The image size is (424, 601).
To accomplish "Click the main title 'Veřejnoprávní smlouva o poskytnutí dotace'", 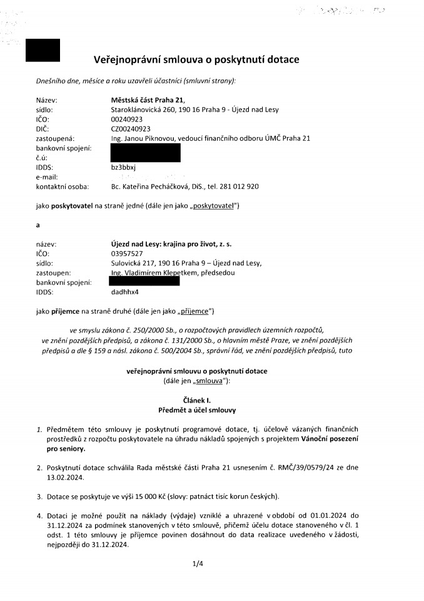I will pyautogui.click(x=196, y=59).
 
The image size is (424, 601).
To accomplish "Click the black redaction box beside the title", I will pyautogui.click(x=43, y=50).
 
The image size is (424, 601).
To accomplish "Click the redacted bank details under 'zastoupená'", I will pyautogui.click(x=145, y=152).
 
